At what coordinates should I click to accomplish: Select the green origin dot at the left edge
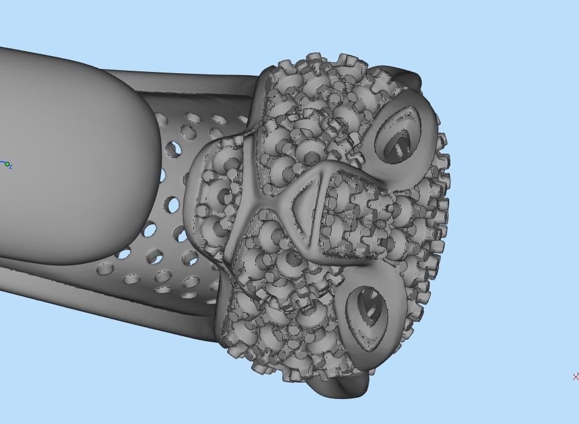[x=7, y=164]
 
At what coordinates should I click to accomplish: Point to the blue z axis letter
[x=12, y=167]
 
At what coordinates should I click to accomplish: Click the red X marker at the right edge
[x=575, y=377]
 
